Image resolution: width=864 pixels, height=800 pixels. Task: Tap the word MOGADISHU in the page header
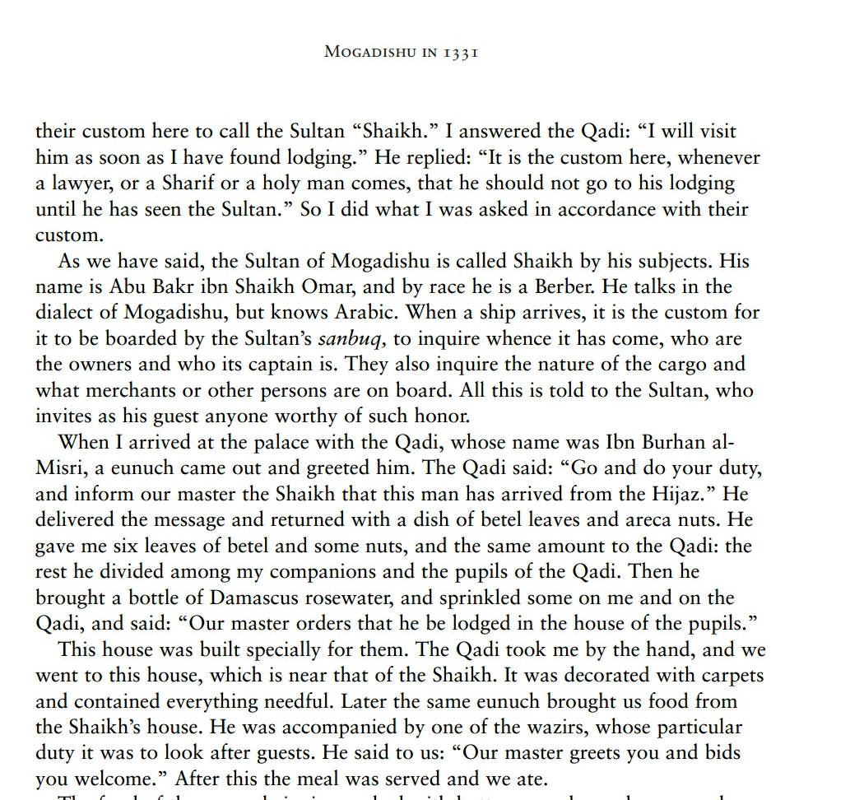(x=371, y=52)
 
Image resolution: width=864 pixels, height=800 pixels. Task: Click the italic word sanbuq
(x=348, y=339)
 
